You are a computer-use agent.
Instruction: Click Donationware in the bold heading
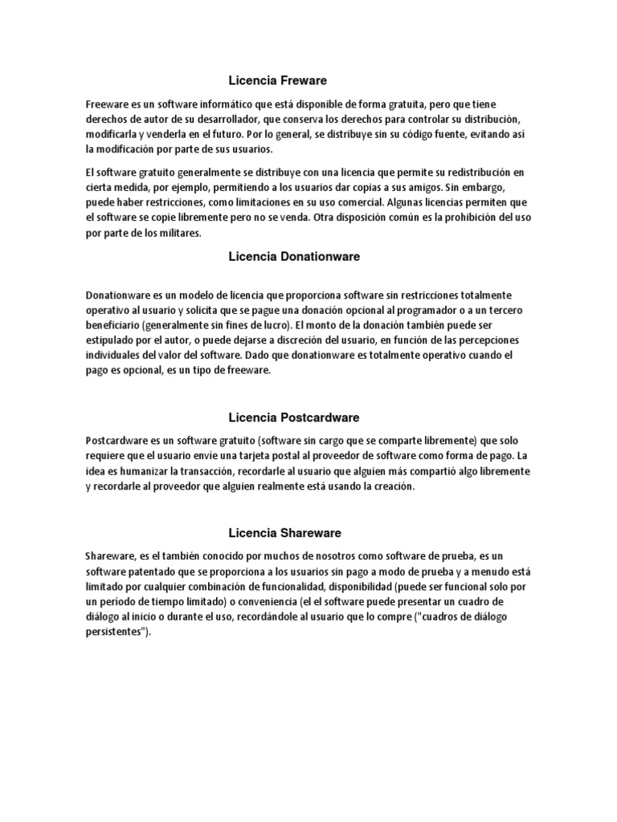tap(321, 257)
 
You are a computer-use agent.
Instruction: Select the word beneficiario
tap(112, 326)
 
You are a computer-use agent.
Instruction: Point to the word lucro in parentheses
tap(276, 326)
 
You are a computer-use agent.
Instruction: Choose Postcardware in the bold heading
tap(320, 417)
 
